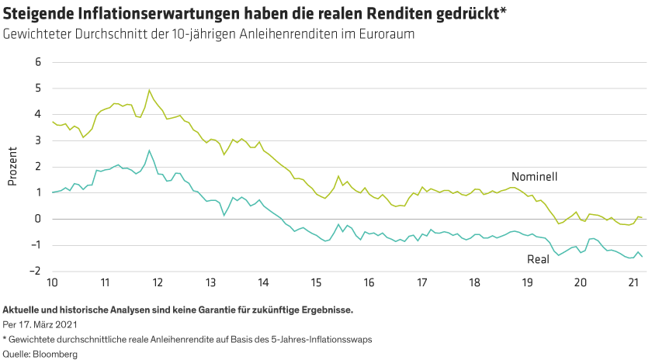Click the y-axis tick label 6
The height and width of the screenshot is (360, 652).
36,61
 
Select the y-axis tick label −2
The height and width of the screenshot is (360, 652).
35,272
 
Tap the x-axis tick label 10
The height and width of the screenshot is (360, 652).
52,282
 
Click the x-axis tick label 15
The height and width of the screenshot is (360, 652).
315,282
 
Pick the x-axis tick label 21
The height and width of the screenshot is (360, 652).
632,282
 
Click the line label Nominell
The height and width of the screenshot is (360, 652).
534,176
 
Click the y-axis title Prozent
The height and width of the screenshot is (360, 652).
12,166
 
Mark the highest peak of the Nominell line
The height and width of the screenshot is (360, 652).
149,90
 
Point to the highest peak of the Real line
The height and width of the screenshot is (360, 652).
148,151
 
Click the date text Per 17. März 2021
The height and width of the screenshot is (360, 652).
40,324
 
